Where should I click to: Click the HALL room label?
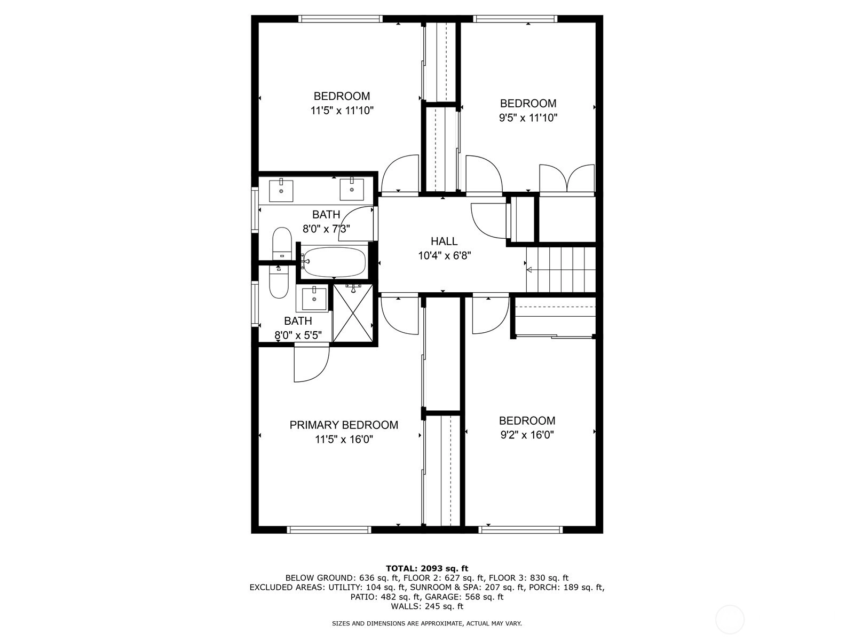pyautogui.click(x=444, y=241)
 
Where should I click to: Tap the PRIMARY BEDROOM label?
pyautogui.click(x=344, y=425)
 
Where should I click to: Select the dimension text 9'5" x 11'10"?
pyautogui.click(x=528, y=118)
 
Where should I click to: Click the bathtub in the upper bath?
pyautogui.click(x=334, y=262)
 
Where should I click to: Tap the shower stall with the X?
pyautogui.click(x=353, y=314)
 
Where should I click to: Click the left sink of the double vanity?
pyautogui.click(x=281, y=190)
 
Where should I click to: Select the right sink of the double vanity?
pyautogui.click(x=351, y=190)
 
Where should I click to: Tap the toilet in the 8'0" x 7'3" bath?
pyautogui.click(x=282, y=243)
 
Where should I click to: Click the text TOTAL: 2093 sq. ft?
pyautogui.click(x=427, y=568)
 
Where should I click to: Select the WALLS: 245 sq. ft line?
pyautogui.click(x=427, y=606)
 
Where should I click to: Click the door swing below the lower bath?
pyautogui.click(x=311, y=364)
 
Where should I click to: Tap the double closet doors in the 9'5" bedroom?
pyautogui.click(x=567, y=178)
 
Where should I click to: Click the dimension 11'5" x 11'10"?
pyautogui.click(x=342, y=111)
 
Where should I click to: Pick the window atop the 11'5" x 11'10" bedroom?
pyautogui.click(x=341, y=19)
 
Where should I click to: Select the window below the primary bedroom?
pyautogui.click(x=329, y=530)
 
